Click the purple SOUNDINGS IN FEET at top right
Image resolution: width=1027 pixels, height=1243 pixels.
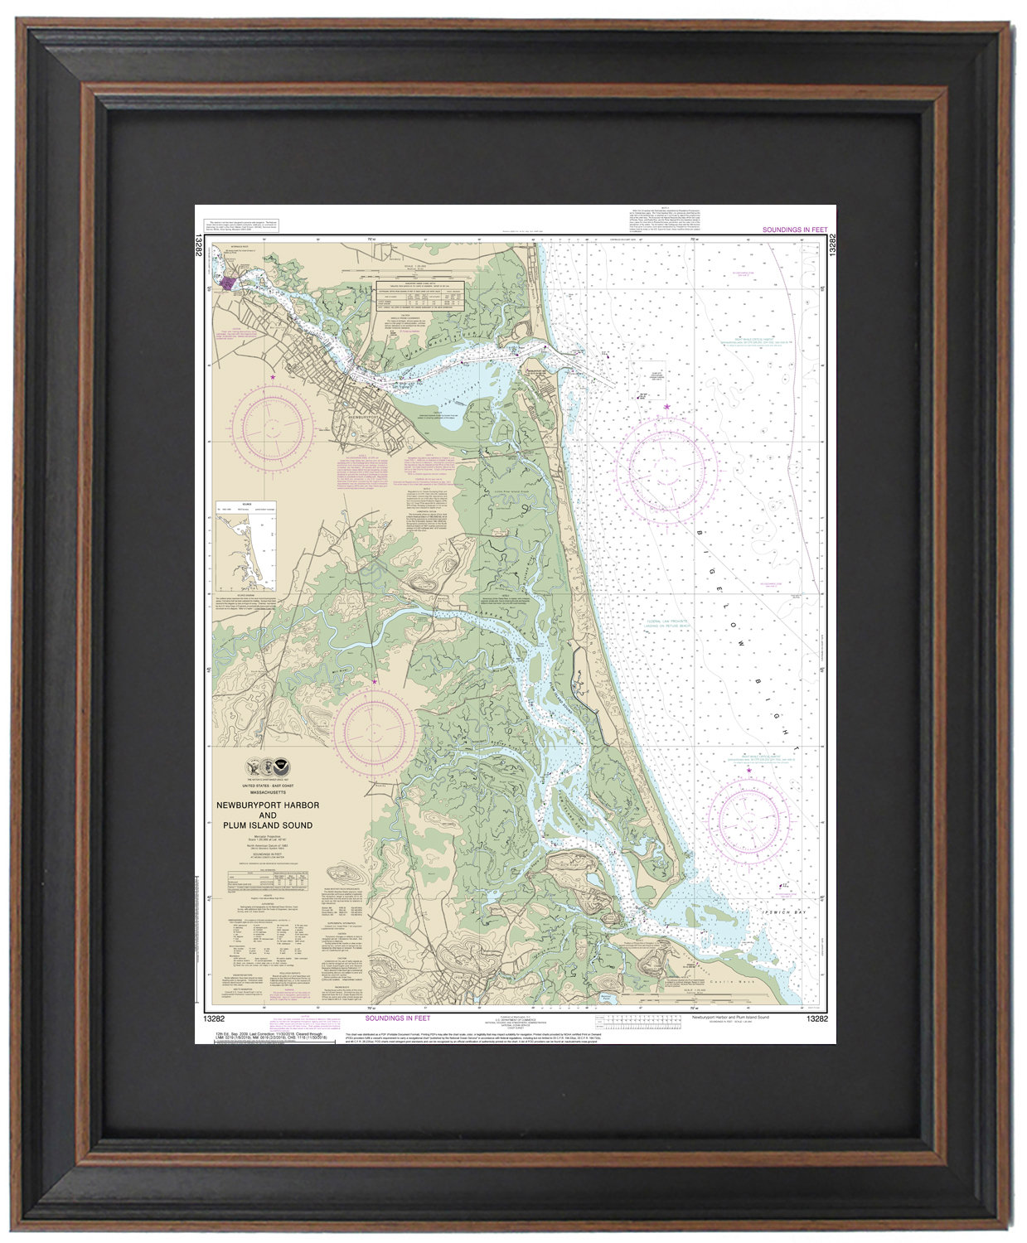(793, 230)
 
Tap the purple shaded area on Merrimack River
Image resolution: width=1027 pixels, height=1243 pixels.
(226, 284)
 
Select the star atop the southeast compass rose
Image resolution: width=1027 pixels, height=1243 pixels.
(749, 771)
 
